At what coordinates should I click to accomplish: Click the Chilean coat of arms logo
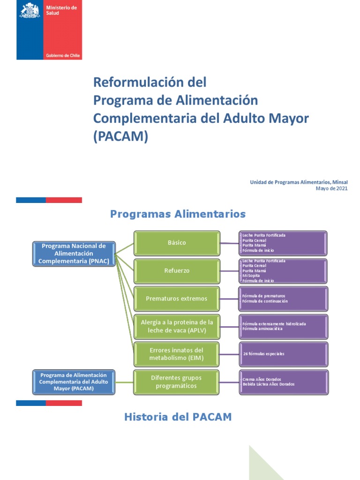(30, 10)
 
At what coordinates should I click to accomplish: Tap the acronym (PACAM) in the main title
(120, 136)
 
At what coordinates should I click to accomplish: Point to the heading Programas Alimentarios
(178, 214)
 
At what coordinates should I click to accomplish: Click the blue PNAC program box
(74, 254)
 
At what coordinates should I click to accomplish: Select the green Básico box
(177, 243)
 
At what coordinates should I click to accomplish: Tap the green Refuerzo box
(177, 271)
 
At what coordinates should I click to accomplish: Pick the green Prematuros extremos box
(177, 299)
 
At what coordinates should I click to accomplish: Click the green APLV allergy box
(177, 327)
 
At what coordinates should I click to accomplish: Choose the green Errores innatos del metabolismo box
(177, 354)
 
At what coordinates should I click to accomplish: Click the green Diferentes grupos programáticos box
(177, 382)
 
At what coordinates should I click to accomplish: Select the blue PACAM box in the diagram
(74, 382)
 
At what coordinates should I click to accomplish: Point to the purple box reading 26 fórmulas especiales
(283, 354)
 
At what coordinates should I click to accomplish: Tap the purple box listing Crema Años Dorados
(283, 382)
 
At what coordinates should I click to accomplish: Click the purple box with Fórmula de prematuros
(283, 299)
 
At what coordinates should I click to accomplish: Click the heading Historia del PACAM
(178, 417)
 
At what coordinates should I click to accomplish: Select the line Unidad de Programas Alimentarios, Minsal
(299, 182)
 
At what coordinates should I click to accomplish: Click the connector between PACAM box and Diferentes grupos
(124, 382)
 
